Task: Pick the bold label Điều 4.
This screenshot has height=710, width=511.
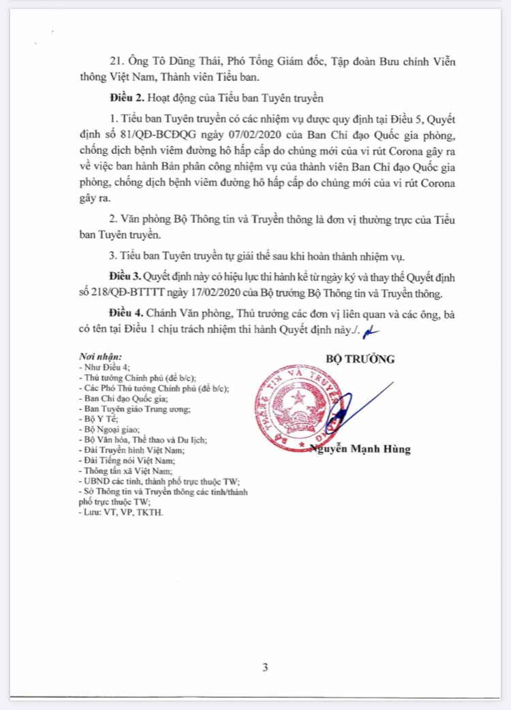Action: (125, 317)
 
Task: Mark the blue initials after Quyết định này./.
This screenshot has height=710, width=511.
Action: (371, 332)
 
